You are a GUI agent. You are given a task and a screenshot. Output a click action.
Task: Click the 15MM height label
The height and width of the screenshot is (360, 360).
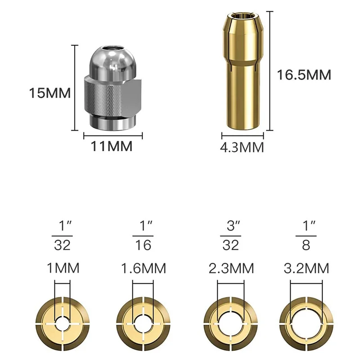[50, 93]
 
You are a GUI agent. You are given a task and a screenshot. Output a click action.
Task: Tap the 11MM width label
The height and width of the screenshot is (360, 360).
[112, 146]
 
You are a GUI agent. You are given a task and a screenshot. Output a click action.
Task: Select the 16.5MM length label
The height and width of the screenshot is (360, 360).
[304, 75]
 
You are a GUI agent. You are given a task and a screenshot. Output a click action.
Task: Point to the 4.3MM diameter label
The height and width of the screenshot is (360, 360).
[242, 147]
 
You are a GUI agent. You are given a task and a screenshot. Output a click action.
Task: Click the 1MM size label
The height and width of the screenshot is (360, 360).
[63, 268]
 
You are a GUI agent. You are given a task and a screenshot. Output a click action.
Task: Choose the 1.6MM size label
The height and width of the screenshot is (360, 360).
[143, 268]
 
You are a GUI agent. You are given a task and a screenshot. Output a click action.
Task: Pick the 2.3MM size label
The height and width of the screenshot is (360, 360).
[231, 268]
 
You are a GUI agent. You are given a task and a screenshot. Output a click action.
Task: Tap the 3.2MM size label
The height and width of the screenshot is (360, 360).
[306, 268]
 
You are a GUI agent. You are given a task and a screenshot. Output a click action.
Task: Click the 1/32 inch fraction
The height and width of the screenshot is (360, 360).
[62, 235]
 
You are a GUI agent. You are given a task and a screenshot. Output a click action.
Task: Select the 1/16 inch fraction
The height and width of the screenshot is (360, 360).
[143, 235]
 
